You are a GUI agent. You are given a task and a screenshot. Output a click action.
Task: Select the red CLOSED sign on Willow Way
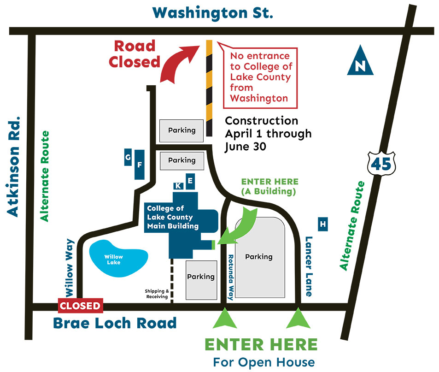[x=80, y=306]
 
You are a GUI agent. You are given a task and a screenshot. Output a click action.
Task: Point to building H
[x=323, y=224]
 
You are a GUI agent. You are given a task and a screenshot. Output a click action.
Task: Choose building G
[x=128, y=157]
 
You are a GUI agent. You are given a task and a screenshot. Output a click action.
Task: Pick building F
[x=140, y=164]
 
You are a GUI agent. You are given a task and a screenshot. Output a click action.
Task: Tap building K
[x=178, y=185]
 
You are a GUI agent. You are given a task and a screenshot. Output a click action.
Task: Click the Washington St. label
[x=213, y=12]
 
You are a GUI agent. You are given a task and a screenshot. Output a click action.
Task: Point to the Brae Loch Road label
[x=115, y=323]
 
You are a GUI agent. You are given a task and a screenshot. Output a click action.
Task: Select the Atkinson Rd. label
[x=14, y=165]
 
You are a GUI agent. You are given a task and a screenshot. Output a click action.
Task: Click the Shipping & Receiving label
[x=157, y=294]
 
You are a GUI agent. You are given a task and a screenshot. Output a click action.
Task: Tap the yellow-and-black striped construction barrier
[x=209, y=88]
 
